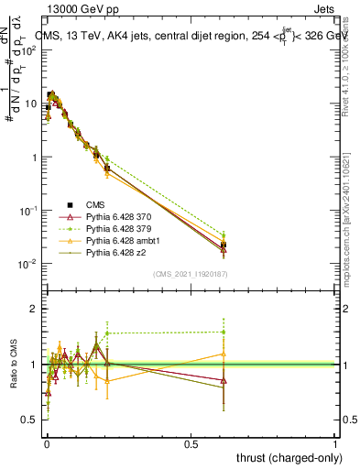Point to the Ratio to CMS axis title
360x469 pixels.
[12, 366]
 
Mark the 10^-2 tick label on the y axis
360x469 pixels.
[28, 264]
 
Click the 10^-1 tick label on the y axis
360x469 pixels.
[28, 211]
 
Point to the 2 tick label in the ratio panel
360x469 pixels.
[34, 309]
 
